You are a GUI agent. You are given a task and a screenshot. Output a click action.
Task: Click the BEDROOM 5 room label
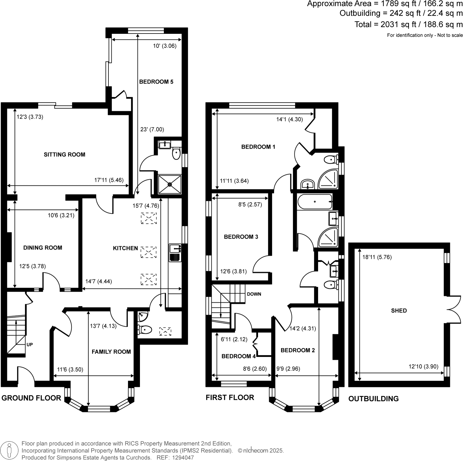point(156,82)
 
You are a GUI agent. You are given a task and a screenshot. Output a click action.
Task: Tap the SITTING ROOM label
point(64,155)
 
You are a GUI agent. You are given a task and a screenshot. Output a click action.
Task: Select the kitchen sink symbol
point(175,253)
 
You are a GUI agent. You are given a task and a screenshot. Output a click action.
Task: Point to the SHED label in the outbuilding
point(399,311)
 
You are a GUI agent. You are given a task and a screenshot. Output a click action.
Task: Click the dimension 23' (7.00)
point(152,129)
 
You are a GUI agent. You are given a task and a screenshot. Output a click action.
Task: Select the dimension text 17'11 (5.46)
point(109,180)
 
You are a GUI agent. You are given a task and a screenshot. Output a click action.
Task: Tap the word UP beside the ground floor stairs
point(29,344)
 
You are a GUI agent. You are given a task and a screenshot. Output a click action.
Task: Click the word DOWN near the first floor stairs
point(254,294)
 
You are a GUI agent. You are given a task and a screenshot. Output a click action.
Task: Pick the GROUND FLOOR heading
point(31,398)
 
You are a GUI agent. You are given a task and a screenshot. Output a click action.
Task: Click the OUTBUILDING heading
point(373,398)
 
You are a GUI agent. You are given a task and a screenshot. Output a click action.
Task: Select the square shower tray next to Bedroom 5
point(169,184)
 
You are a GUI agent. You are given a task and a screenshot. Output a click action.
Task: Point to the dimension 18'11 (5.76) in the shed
point(377,257)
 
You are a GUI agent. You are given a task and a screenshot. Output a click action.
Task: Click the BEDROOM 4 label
point(238,356)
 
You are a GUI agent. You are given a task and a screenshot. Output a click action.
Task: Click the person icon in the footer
point(10,451)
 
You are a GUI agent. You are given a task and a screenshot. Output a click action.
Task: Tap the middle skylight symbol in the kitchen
point(148,252)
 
